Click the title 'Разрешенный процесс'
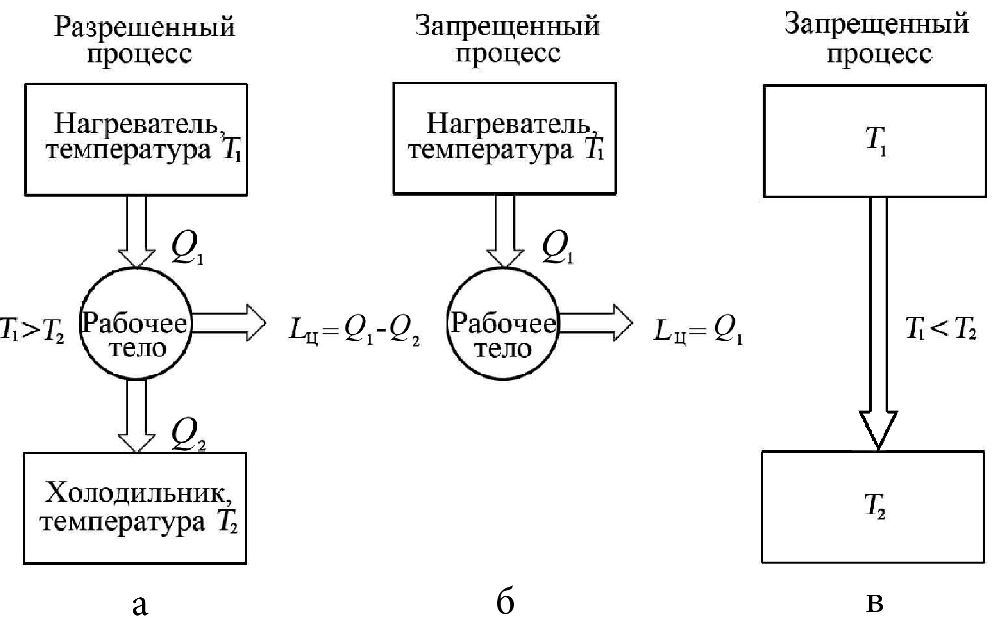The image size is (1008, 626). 144,40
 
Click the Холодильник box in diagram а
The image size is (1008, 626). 135,508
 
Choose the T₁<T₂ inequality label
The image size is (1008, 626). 940,328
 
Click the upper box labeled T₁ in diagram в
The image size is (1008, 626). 875,141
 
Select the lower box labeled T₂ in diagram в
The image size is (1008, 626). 873,507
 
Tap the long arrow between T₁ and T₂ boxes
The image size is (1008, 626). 878,322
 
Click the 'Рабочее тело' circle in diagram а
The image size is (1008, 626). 136,324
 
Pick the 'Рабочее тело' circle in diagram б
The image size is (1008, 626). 503,324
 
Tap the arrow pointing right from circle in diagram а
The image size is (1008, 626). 228,323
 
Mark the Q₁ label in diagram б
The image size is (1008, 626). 558,248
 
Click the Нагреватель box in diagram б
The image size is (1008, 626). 504,139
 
